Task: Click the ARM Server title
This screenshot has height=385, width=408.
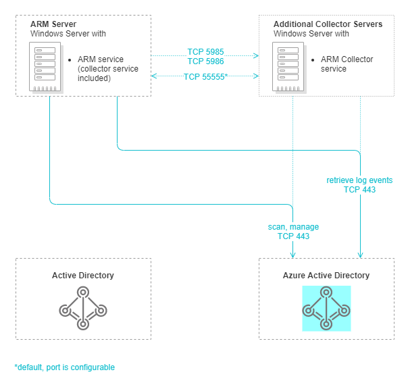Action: tap(53, 24)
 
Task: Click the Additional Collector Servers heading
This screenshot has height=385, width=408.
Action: tap(328, 24)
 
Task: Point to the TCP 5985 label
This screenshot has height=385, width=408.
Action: tap(205, 51)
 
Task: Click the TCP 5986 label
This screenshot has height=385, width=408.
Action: tap(205, 61)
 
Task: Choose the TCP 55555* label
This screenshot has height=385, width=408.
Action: tap(205, 77)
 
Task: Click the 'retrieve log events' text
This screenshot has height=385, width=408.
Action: tap(359, 180)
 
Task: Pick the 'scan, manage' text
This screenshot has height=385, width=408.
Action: tap(293, 227)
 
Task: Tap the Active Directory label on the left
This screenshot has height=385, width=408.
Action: tap(83, 276)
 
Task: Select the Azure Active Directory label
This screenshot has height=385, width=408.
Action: tap(326, 276)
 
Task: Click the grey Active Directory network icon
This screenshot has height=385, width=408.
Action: tap(83, 308)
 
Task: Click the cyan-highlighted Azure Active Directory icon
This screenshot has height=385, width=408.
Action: tap(326, 308)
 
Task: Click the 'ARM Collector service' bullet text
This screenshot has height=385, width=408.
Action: tap(347, 64)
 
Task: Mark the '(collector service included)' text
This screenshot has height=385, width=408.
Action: tap(108, 74)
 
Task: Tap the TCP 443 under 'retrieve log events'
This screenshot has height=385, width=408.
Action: tap(359, 190)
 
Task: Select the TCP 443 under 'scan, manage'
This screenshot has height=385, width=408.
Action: tap(293, 236)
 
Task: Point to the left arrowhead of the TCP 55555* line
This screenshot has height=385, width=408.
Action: tap(154, 76)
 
